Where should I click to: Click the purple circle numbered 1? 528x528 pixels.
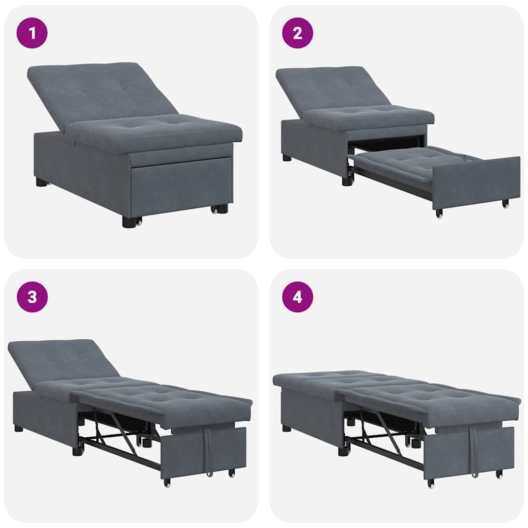tap(32, 33)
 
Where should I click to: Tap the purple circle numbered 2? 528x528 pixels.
tap(297, 33)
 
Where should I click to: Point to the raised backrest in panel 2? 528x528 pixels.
tap(330, 88)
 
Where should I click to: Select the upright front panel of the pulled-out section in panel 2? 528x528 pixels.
tap(474, 180)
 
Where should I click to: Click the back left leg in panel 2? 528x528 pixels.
tap(287, 157)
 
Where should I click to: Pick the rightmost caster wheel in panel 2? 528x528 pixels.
tap(505, 204)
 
